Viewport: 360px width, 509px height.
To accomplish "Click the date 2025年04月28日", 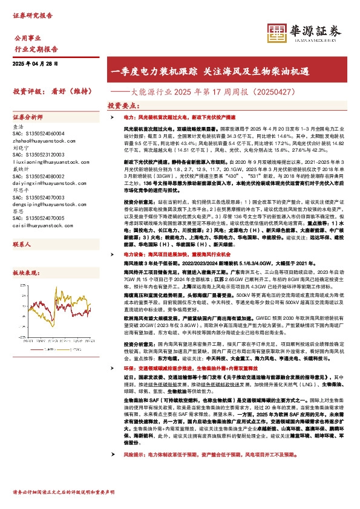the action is (x=38, y=63).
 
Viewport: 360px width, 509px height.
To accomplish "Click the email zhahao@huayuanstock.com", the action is (x=39, y=138).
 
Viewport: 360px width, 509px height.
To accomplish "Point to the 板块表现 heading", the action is (x=25, y=273).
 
